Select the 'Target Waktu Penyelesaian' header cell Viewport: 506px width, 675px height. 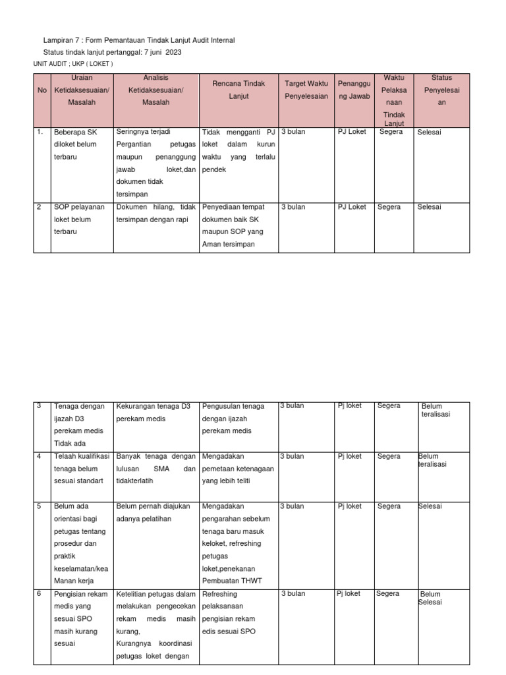coord(306,90)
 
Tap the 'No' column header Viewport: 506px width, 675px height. coord(42,90)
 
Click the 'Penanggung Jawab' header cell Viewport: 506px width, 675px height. coord(354,90)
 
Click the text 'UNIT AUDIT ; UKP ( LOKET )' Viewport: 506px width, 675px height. coord(73,64)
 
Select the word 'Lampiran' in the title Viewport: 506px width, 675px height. coord(57,41)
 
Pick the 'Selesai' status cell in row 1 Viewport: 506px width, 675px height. coord(429,132)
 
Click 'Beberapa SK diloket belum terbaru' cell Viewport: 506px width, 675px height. coord(75,144)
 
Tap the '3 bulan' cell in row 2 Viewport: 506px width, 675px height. coord(293,207)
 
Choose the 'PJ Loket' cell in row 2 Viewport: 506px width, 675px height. coord(352,207)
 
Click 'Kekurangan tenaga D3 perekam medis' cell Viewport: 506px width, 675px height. coord(154,412)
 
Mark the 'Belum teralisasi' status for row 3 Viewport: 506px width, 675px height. coord(436,410)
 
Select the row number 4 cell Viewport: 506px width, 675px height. coord(39,456)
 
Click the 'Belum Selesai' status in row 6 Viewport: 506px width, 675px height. coord(431,598)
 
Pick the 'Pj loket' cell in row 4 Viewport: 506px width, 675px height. coord(349,456)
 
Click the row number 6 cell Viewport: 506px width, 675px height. coord(39,594)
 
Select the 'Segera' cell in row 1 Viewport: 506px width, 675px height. coord(391,132)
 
